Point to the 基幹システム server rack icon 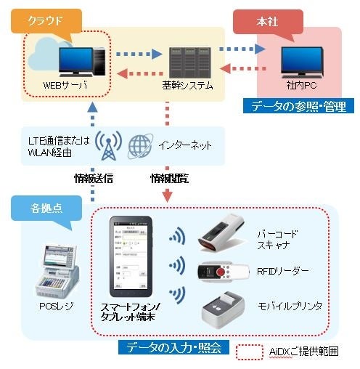(187, 57)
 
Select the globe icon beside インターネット (137, 145)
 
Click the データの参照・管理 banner (299, 107)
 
